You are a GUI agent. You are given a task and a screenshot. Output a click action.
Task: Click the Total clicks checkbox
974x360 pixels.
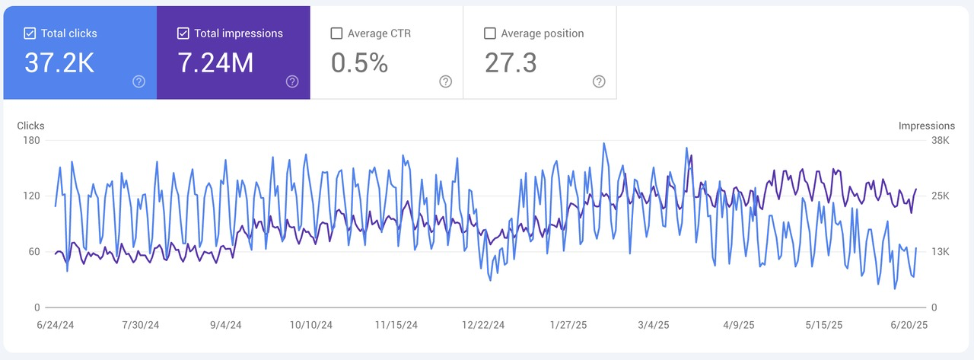pos(30,33)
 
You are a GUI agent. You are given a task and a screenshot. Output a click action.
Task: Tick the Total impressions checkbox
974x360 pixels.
pos(183,33)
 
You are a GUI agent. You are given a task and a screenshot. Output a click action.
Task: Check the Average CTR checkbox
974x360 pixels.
pos(336,33)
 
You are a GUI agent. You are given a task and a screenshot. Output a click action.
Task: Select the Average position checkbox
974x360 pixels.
pos(490,33)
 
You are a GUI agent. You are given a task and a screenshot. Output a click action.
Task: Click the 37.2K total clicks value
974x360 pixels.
pos(59,64)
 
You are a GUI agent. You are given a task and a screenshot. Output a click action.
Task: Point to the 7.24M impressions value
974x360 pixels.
pos(215,64)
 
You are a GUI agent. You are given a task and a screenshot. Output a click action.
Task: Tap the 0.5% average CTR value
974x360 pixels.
pos(359,64)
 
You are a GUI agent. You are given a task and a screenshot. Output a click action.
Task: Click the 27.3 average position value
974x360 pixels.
pos(511,64)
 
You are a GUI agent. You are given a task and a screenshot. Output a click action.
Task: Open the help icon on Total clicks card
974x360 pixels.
pos(138,82)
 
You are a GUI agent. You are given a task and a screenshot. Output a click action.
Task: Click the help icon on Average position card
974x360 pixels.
pos(599,82)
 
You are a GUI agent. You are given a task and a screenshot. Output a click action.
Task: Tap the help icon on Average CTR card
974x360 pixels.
pos(445,82)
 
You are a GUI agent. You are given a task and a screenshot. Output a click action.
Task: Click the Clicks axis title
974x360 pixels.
pos(30,126)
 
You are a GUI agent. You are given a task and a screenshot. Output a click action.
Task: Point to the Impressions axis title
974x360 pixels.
pos(926,126)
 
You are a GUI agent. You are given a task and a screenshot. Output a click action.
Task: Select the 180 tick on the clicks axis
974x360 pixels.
pos(30,140)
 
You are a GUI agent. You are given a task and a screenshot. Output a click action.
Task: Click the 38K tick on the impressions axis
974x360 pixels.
pos(941,140)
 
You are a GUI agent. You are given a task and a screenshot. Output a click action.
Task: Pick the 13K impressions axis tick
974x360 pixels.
pos(941,252)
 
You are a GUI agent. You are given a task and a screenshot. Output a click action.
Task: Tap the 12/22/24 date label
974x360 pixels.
pos(483,325)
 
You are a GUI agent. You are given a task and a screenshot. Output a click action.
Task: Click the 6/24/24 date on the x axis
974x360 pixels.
pos(56,325)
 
